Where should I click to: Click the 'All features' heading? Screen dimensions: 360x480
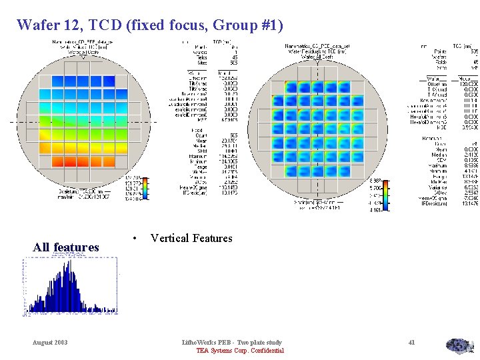click(x=66, y=247)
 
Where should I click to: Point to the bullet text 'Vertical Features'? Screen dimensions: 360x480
click(x=191, y=239)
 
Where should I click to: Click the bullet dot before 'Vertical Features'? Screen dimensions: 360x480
click(x=135, y=239)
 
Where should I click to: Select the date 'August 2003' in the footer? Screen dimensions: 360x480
click(x=50, y=342)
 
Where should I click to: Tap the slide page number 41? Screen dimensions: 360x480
click(x=411, y=342)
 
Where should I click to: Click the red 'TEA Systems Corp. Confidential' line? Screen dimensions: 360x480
click(x=240, y=351)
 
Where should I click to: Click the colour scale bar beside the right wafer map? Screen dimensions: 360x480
click(x=387, y=195)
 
